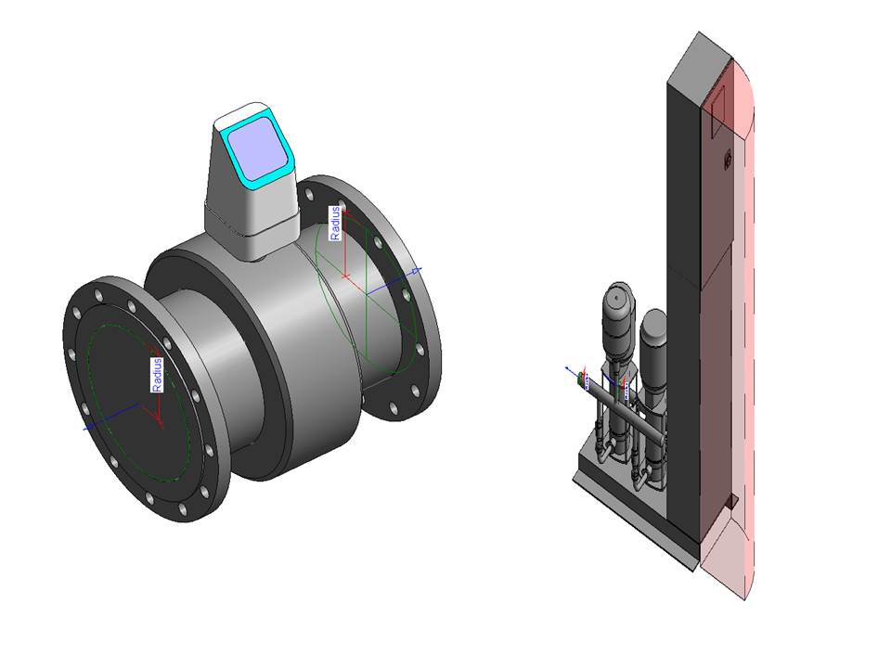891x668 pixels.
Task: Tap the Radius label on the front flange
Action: pyautogui.click(x=157, y=374)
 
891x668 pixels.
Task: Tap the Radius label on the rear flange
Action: pyautogui.click(x=336, y=224)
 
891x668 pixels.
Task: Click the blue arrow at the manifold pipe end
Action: pyautogui.click(x=569, y=368)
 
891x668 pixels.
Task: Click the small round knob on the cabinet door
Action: pyautogui.click(x=727, y=160)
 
